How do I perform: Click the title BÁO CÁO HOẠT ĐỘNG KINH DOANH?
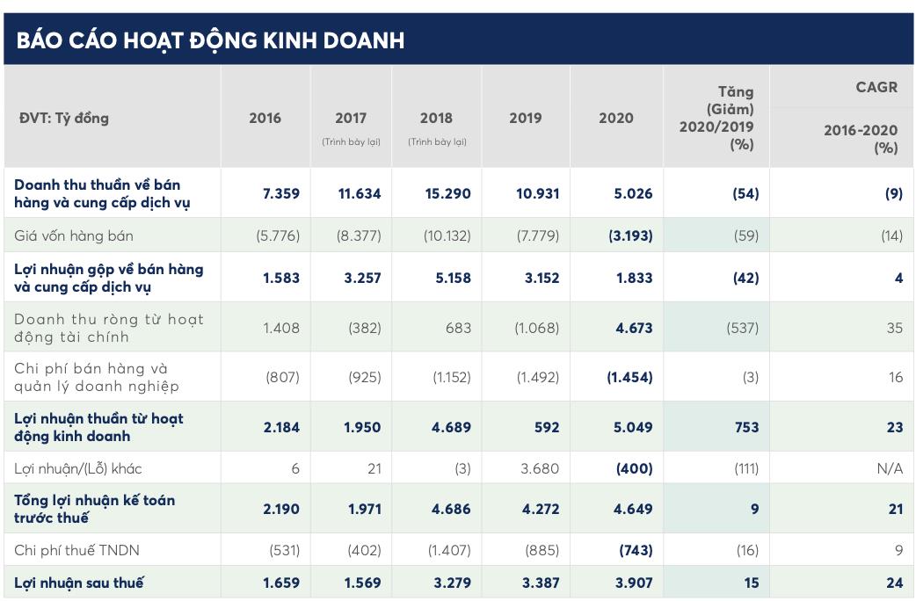(x=210, y=40)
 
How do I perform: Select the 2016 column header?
(x=265, y=118)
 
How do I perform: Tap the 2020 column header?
(x=615, y=118)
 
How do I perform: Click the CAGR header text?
(x=876, y=86)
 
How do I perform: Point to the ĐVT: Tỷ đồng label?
(x=63, y=118)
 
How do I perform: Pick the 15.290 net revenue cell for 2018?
(x=447, y=193)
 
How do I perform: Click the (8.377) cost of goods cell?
(x=358, y=235)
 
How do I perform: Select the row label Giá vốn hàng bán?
(x=74, y=235)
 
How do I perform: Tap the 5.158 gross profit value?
(x=447, y=278)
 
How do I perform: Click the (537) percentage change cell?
(x=738, y=328)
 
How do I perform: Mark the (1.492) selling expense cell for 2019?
(x=535, y=377)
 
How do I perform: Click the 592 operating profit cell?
(x=546, y=427)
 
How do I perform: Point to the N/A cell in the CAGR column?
(x=889, y=468)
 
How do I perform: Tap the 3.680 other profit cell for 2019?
(x=539, y=468)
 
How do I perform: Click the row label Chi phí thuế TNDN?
(x=76, y=550)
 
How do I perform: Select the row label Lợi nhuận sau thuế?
(x=78, y=583)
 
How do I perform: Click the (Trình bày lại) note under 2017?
(x=351, y=141)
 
